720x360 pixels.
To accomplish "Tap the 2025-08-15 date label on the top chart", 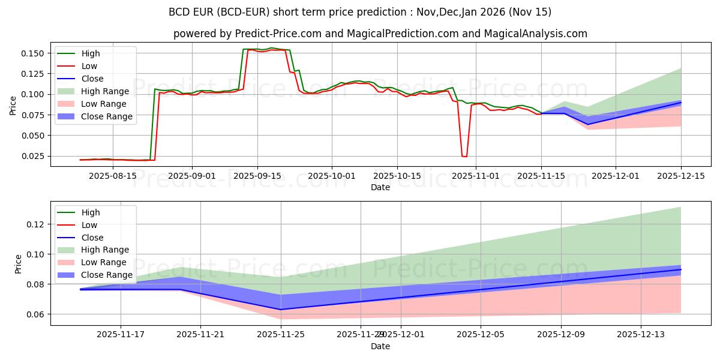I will tap(112, 176).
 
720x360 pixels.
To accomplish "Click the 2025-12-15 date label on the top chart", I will tap(681, 176).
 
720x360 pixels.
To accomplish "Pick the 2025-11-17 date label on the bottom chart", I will tap(121, 335).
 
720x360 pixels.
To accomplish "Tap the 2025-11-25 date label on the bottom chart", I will tap(281, 335).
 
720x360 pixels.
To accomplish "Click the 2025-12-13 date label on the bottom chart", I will tap(641, 335).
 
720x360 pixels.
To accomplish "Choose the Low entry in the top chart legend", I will tap(89, 66).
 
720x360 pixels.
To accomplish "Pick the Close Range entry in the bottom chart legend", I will tap(107, 275).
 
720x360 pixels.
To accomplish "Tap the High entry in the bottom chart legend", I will tap(91, 212).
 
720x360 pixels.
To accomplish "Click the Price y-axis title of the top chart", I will tap(13, 106).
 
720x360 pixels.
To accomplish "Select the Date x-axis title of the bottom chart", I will tap(380, 346).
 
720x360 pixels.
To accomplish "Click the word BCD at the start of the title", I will tap(180, 12).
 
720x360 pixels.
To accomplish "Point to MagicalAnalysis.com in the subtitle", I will tap(537, 34).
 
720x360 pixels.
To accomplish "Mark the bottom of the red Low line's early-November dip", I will tap(464, 157).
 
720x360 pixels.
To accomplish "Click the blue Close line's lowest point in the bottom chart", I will tap(281, 310).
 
